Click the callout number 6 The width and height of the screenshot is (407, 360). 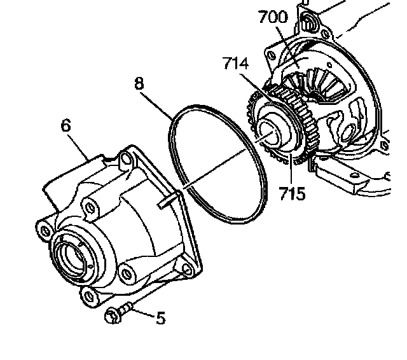coord(66,125)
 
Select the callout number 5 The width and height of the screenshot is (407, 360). coord(160,317)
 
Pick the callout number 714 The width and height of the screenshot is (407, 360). coord(237,65)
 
